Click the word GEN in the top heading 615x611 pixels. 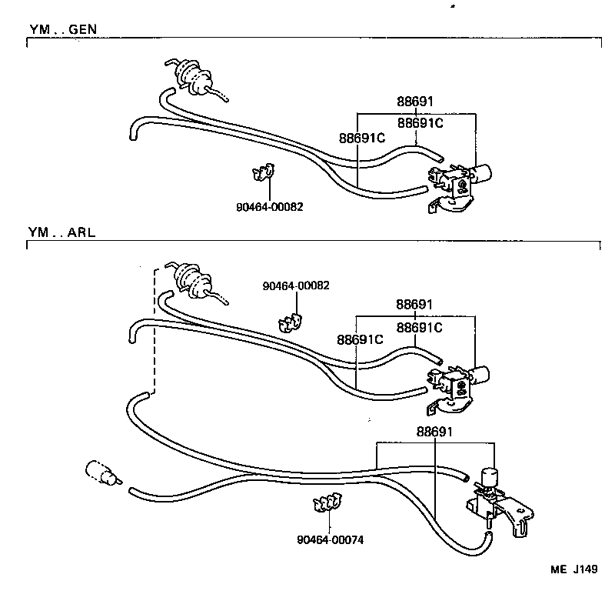(x=83, y=29)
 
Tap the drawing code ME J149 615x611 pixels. (x=573, y=569)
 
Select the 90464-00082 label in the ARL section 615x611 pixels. (x=296, y=285)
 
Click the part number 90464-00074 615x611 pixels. (x=330, y=539)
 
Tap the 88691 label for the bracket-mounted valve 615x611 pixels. (x=435, y=432)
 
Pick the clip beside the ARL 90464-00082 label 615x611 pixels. (x=289, y=319)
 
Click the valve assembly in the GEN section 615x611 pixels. (x=461, y=181)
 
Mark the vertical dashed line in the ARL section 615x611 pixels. (x=155, y=331)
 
